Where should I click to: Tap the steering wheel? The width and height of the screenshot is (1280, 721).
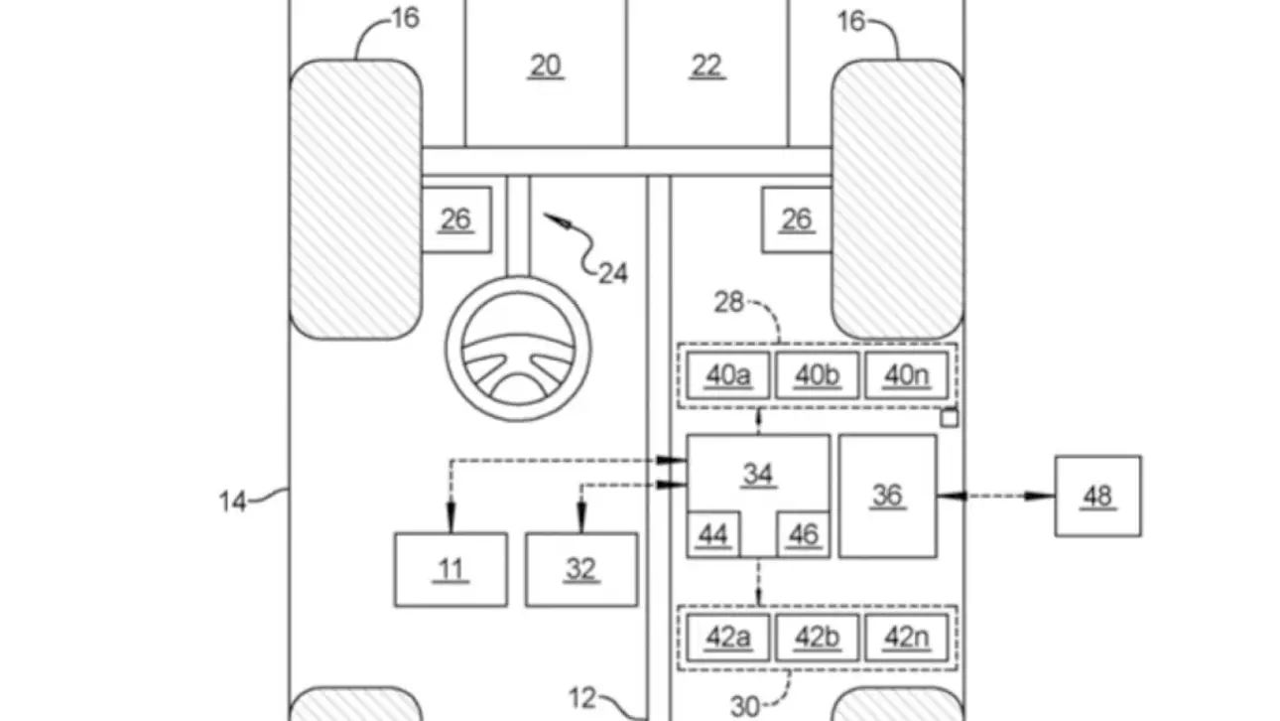pyautogui.click(x=517, y=351)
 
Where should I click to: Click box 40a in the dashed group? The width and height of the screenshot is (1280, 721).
pyautogui.click(x=727, y=375)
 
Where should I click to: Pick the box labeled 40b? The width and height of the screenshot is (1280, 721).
pyautogui.click(x=817, y=375)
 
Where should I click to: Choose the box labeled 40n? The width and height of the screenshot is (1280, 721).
pyautogui.click(x=906, y=375)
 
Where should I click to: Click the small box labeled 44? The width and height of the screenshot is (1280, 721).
pyautogui.click(x=713, y=536)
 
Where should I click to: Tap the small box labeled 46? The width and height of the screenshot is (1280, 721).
pyautogui.click(x=803, y=536)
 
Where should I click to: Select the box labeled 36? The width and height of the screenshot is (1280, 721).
pyautogui.click(x=887, y=495)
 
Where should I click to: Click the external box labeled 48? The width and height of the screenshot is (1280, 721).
pyautogui.click(x=1097, y=496)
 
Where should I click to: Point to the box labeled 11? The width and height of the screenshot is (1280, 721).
pyautogui.click(x=450, y=569)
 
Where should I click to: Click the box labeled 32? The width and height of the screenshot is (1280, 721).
pyautogui.click(x=581, y=569)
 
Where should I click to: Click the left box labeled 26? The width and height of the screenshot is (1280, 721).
pyautogui.click(x=455, y=219)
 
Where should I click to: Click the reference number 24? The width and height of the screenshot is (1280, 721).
pyautogui.click(x=613, y=272)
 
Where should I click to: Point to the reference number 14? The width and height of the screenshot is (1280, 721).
pyautogui.click(x=232, y=502)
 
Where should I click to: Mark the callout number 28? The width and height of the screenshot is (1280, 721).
pyautogui.click(x=728, y=302)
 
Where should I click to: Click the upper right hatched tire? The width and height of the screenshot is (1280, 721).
pyautogui.click(x=897, y=199)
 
